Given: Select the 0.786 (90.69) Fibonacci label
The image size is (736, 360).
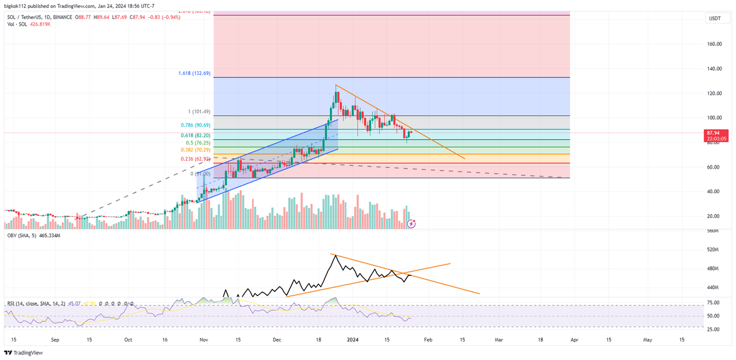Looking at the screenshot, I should [x=195, y=125].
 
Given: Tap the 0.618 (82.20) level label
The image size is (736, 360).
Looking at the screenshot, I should [x=195, y=135].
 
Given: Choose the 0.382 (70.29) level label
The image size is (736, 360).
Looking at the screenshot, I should [x=195, y=150].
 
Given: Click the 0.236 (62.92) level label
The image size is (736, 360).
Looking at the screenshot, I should [x=195, y=159].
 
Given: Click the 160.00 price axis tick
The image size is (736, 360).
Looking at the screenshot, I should [x=713, y=44].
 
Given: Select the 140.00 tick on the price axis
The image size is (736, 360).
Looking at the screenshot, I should [x=713, y=69].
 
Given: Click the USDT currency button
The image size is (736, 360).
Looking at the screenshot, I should [x=715, y=19].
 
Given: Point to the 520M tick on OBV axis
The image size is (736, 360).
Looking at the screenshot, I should [x=712, y=250].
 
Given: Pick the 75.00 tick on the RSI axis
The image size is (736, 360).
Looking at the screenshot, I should [x=713, y=302].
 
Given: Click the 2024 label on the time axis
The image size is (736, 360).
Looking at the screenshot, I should [x=352, y=339].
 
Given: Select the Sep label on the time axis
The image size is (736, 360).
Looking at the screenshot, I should [x=55, y=339].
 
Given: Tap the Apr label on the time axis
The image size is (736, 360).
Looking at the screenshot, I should [x=573, y=339].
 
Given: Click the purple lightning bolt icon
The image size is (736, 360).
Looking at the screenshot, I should [x=412, y=224].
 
